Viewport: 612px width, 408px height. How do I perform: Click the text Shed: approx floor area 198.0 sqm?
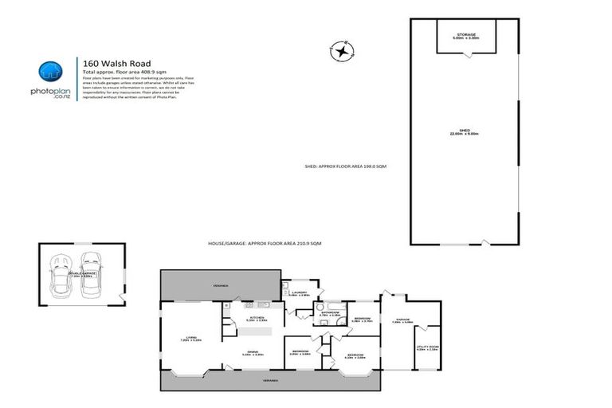(x=345, y=167)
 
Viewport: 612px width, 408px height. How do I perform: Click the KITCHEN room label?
(x=257, y=319)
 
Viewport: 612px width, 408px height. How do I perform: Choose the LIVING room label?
(x=191, y=338)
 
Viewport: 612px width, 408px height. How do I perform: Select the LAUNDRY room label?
(x=299, y=293)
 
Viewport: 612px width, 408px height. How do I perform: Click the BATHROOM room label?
(x=330, y=313)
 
